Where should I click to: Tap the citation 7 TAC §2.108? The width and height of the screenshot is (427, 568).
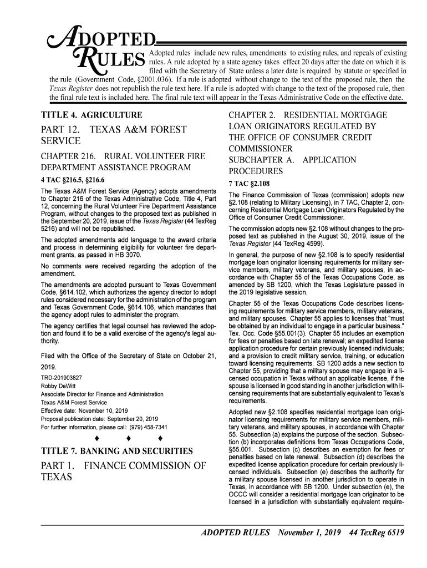(x=249, y=184)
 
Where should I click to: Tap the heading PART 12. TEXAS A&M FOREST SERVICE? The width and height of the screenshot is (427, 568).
(x=116, y=137)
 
